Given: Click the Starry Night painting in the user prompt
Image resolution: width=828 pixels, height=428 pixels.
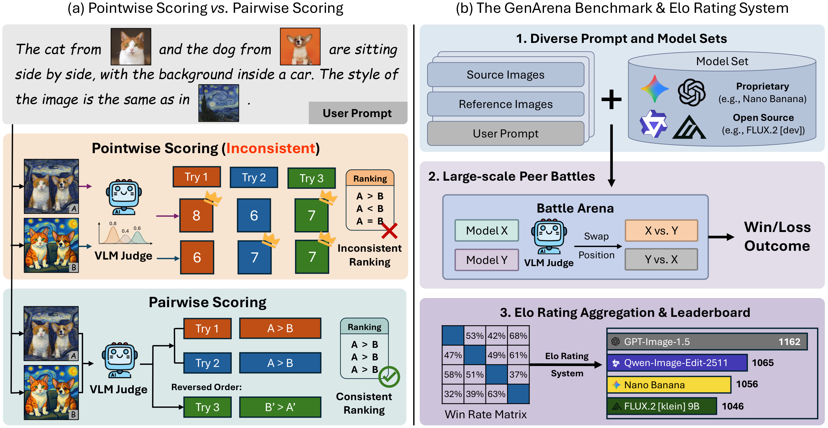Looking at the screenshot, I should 219,103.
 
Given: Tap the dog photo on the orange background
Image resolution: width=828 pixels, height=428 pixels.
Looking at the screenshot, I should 300,46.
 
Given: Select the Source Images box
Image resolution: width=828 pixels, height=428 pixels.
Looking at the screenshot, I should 505,75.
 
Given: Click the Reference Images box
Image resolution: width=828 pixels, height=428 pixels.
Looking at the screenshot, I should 505,104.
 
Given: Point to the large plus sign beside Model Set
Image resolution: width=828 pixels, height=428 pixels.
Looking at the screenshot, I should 611,99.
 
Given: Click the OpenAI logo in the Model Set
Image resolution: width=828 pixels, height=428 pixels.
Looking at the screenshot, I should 691,93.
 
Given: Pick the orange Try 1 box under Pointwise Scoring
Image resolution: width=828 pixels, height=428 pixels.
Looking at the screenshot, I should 196,177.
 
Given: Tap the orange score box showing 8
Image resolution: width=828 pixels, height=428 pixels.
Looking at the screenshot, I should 196,215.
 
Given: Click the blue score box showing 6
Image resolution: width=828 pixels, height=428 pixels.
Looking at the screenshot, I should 254,215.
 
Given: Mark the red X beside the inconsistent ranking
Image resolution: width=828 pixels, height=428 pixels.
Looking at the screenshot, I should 389,231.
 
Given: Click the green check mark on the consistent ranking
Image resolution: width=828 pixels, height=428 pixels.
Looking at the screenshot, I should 389,377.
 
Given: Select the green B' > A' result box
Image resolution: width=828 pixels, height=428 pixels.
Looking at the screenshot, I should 280,407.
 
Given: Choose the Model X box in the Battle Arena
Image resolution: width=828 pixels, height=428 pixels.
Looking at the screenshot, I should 487,230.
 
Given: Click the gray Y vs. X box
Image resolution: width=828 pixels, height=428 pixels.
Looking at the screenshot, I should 661,259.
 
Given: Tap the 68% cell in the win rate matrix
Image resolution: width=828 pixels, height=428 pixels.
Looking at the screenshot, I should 518,336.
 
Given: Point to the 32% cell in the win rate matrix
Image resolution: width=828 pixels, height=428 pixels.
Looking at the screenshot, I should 453,394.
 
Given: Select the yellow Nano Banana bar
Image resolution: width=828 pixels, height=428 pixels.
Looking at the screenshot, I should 669,384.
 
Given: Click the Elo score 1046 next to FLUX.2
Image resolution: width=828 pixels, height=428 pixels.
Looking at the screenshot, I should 732,406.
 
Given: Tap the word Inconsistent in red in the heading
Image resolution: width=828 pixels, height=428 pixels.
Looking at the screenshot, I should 271,148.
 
